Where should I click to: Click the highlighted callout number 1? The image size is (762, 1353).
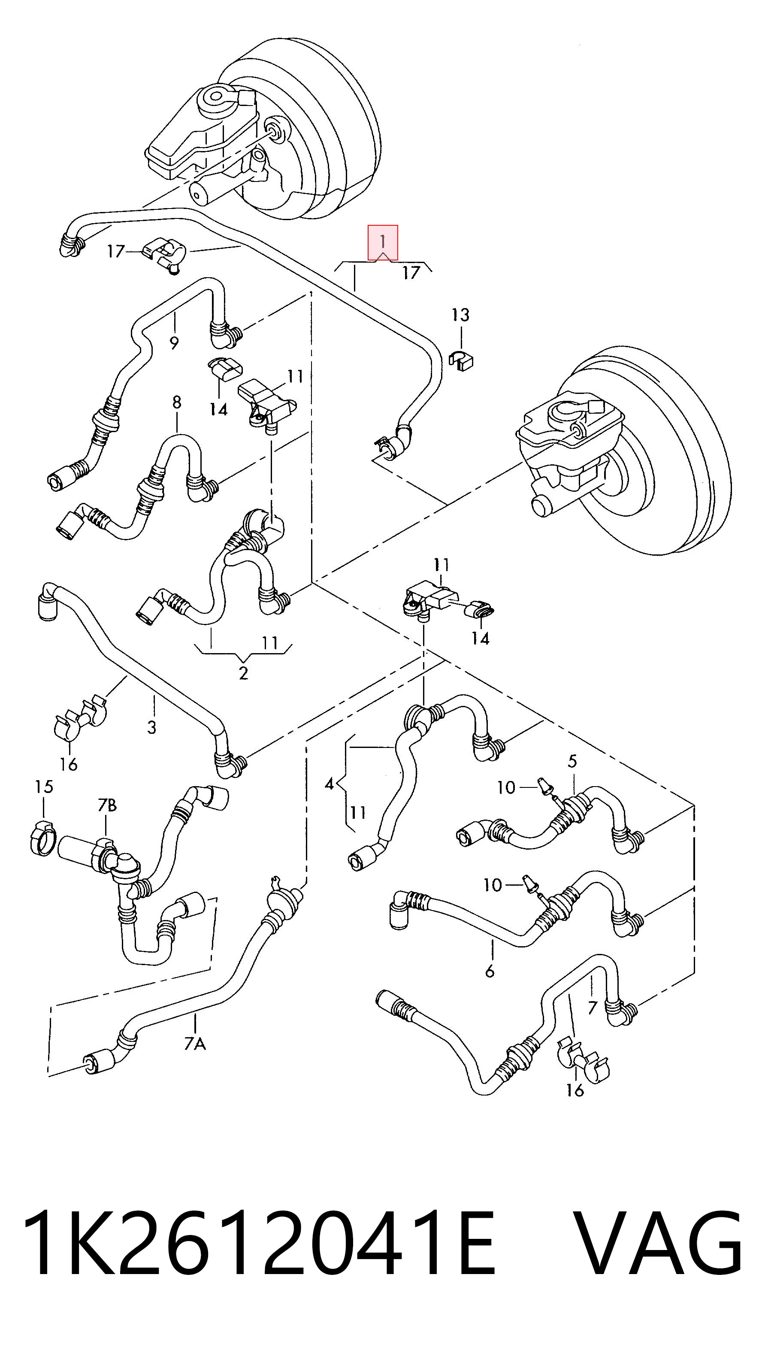tap(383, 242)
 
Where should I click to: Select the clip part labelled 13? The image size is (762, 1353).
tap(461, 359)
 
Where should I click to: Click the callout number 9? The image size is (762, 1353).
tap(174, 343)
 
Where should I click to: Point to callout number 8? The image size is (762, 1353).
tap(176, 403)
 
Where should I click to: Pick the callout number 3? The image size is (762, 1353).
tap(152, 727)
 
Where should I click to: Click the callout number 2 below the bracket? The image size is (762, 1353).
tap(243, 673)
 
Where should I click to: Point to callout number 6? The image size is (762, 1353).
tap(490, 971)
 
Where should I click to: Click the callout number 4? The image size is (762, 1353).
tap(329, 784)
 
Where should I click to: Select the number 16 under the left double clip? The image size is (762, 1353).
tap(68, 764)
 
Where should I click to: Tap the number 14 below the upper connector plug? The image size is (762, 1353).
tap(218, 409)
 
